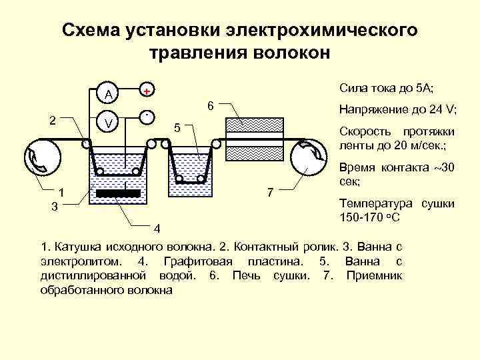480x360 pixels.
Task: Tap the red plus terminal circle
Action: pos(147,90)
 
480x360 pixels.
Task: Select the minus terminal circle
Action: pos(147,117)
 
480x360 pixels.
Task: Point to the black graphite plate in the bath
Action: pos(118,193)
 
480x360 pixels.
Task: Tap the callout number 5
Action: pos(177,127)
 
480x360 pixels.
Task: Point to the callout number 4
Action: pos(157,229)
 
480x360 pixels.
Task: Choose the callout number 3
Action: pos(55,207)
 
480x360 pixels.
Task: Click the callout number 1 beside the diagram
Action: pos(61,193)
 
